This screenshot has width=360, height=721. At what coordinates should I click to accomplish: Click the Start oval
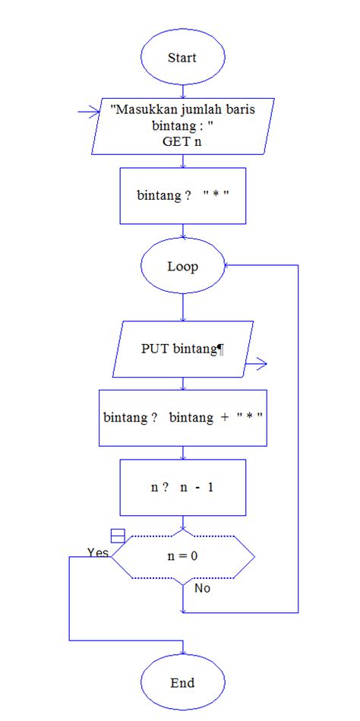[x=182, y=58]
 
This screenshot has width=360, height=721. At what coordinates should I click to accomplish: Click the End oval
[x=182, y=682]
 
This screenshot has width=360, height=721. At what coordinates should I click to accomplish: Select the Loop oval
[x=182, y=267]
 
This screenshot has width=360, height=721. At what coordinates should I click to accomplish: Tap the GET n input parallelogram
[x=182, y=125]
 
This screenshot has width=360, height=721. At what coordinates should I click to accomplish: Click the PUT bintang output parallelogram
[x=182, y=349]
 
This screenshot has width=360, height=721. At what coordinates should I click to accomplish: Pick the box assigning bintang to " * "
[x=182, y=196]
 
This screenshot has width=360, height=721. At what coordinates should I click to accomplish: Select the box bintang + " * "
[x=182, y=418]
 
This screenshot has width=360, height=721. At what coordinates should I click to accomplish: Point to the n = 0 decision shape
[x=182, y=557]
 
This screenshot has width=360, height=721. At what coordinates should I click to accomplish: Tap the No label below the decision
[x=202, y=588]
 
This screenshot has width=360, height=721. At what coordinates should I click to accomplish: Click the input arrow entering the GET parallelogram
[x=90, y=112]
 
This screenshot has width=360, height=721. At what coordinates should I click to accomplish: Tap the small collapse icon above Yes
[x=118, y=535]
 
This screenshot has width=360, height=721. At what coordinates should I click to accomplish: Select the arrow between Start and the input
[x=182, y=91]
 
